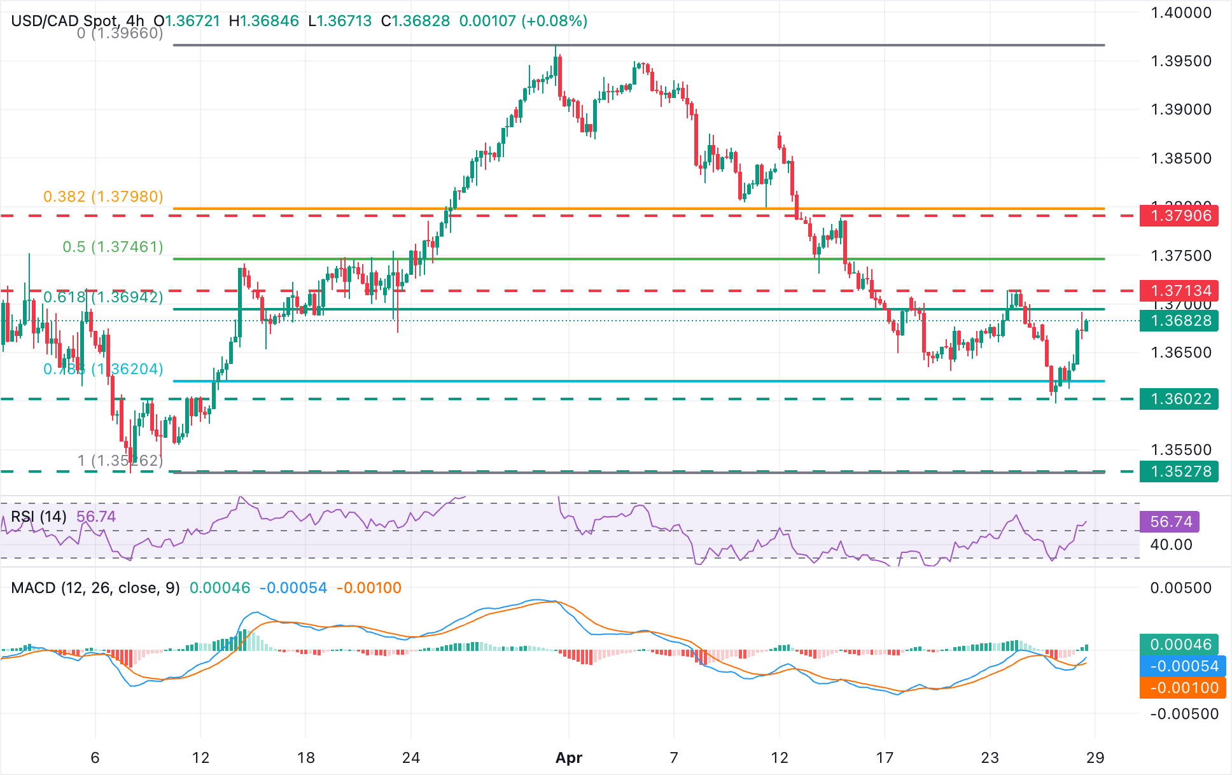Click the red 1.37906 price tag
point(1179,216)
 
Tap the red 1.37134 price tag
point(1179,291)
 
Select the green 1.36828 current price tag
point(1179,321)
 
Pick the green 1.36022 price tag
point(1179,399)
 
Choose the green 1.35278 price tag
point(1179,471)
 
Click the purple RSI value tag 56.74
point(1170,522)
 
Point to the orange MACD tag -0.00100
point(1182,688)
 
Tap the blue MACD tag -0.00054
point(1182,666)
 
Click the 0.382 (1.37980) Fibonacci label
point(103,197)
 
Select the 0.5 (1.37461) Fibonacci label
point(113,247)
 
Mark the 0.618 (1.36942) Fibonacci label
point(103,297)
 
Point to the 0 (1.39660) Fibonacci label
point(120,33)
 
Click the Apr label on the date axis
point(569,758)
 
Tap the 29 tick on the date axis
point(1095,758)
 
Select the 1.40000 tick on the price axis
point(1181,13)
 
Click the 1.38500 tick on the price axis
point(1181,158)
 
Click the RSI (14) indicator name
point(39,517)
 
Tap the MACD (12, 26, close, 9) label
point(95,588)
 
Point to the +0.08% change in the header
point(554,21)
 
